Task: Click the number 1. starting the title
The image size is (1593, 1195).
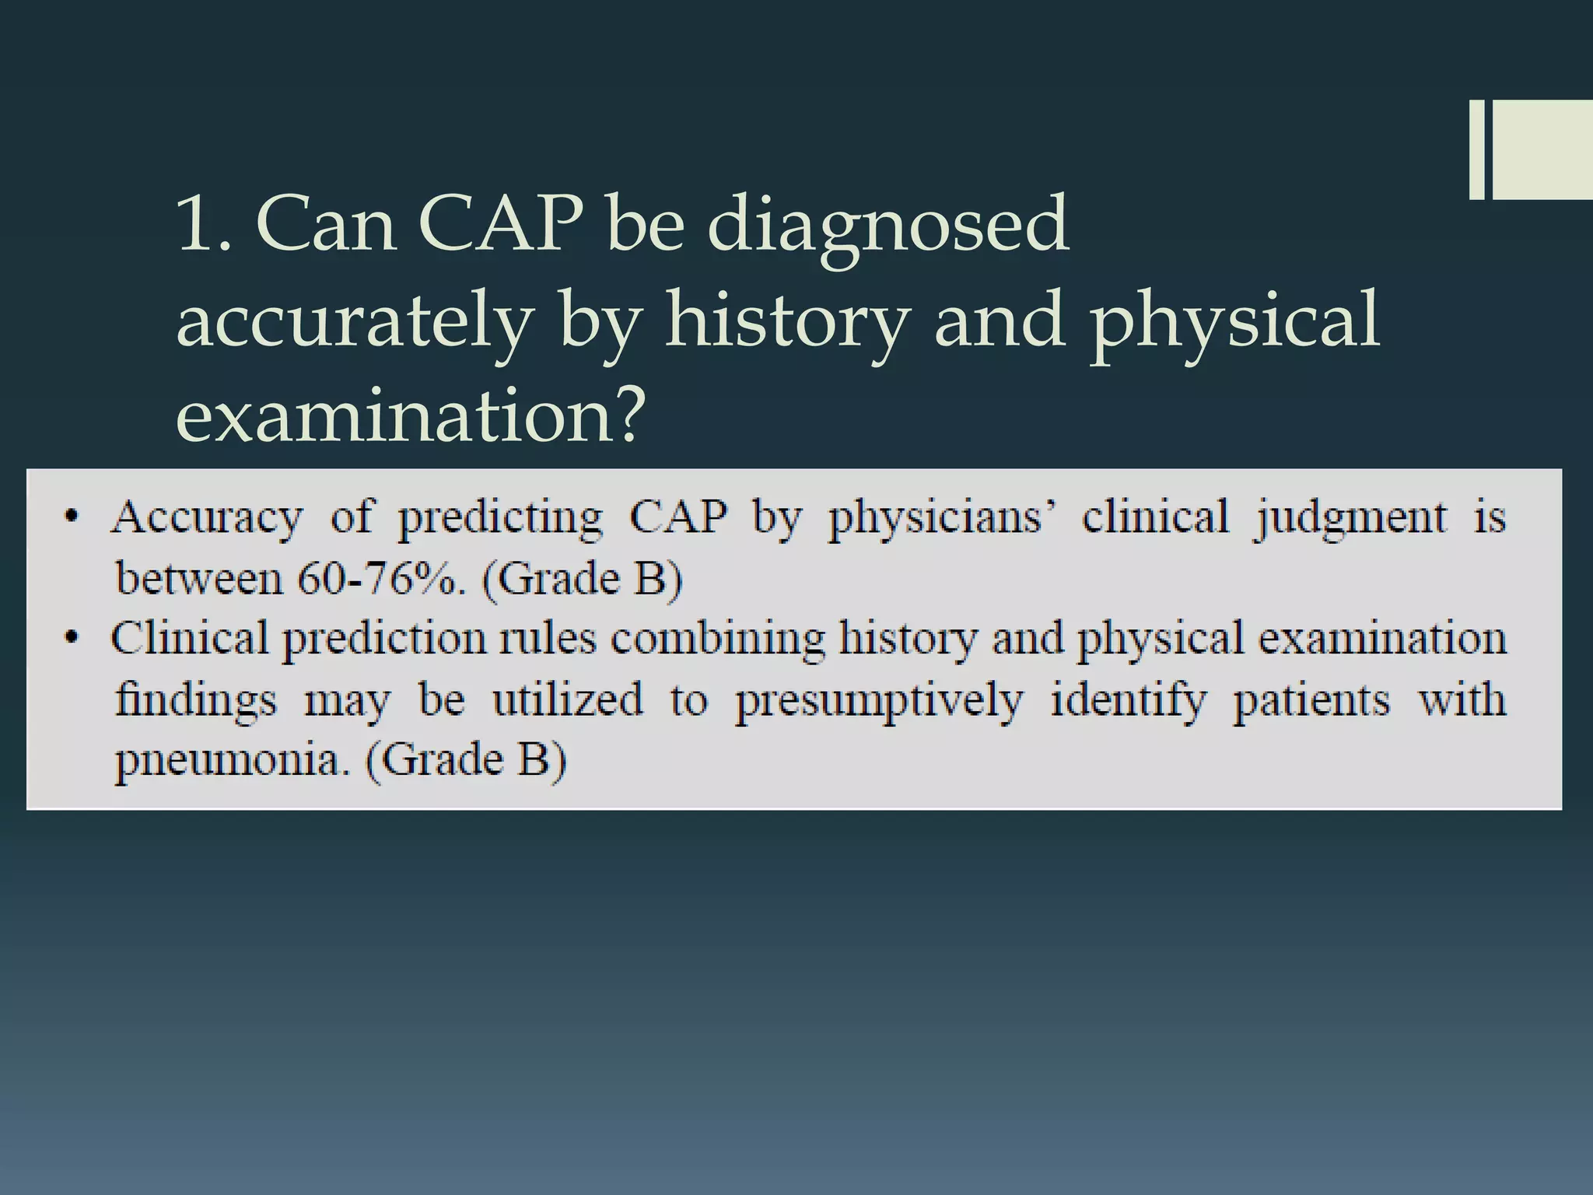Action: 204,226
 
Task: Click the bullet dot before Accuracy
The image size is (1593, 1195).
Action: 72,517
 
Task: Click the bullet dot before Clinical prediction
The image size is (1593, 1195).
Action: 72,639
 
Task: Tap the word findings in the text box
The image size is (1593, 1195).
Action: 195,701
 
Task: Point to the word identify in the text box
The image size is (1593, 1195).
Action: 1128,701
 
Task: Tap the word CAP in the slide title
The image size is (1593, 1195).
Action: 500,226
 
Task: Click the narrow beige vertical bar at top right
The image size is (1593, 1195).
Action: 1476,149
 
